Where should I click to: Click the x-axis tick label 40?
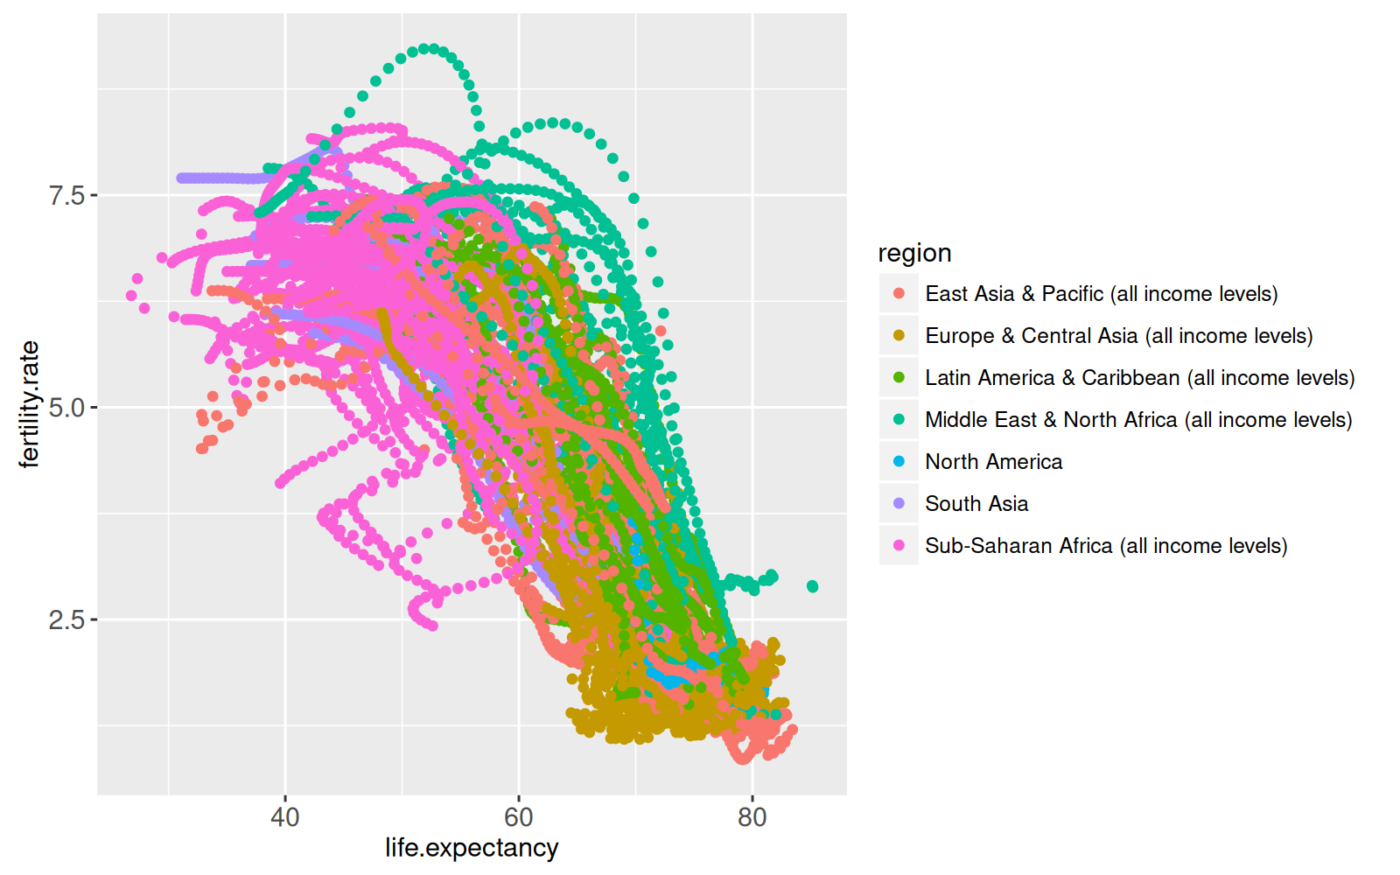[x=285, y=817]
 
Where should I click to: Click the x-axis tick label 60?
[x=519, y=817]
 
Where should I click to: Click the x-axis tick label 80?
[x=752, y=817]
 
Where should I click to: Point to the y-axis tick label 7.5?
[x=66, y=195]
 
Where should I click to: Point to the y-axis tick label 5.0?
[x=66, y=408]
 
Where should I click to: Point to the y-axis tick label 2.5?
[x=66, y=620]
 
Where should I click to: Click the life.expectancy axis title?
[x=472, y=848]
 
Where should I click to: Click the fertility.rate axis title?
[x=29, y=404]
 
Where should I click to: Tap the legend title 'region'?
[x=914, y=253]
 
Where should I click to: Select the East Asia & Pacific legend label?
[x=1101, y=294]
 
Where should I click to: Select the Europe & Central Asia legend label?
[x=1118, y=336]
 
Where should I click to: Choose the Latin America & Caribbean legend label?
[x=1139, y=378]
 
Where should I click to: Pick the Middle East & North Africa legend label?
[x=1138, y=420]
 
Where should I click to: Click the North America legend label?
[x=993, y=462]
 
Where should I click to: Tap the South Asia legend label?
[x=976, y=504]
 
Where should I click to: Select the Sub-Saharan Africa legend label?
[x=1106, y=546]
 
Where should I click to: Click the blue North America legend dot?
[x=899, y=462]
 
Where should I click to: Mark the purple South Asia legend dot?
[x=899, y=504]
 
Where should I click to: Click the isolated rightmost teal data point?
[x=812, y=586]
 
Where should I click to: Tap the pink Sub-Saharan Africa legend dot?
[x=899, y=546]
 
